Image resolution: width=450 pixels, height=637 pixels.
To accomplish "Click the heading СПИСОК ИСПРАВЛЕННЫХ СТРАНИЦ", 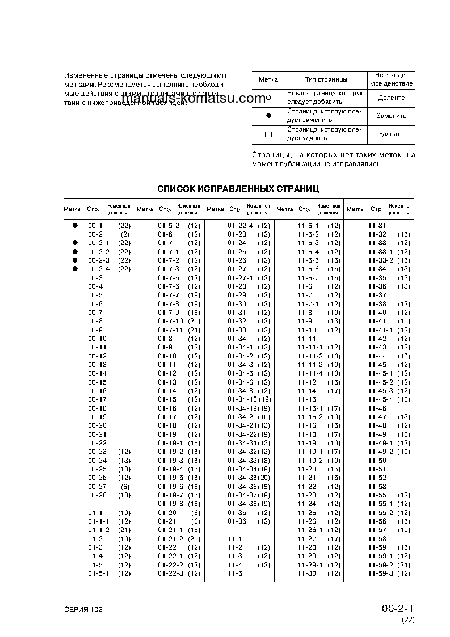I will (238, 188).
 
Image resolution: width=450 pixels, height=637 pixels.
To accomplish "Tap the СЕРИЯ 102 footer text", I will (83, 609).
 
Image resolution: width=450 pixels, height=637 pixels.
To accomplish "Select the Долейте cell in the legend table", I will (392, 98).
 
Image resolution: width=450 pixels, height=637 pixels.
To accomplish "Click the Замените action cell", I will (392, 116).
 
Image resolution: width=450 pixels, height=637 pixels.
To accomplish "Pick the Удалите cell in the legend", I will (392, 134).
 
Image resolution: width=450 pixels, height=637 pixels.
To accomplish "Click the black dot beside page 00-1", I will (74, 225).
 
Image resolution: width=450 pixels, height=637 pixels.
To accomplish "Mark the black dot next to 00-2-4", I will (74, 269).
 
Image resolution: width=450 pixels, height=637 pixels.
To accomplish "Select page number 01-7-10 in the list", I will (170, 321).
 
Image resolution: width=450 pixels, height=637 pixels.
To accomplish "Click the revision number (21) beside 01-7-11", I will (194, 330).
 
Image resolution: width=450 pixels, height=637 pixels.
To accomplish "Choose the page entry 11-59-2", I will (381, 565).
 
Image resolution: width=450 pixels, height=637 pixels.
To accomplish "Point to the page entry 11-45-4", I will (381, 399).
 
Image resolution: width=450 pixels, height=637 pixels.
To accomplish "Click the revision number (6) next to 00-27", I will (124, 486).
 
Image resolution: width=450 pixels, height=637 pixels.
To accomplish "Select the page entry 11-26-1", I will (310, 530).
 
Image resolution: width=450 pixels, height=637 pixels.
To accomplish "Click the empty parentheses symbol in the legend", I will (268, 134).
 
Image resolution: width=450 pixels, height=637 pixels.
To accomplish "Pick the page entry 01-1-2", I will (99, 530).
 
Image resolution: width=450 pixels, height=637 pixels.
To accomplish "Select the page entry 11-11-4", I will (310, 373).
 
